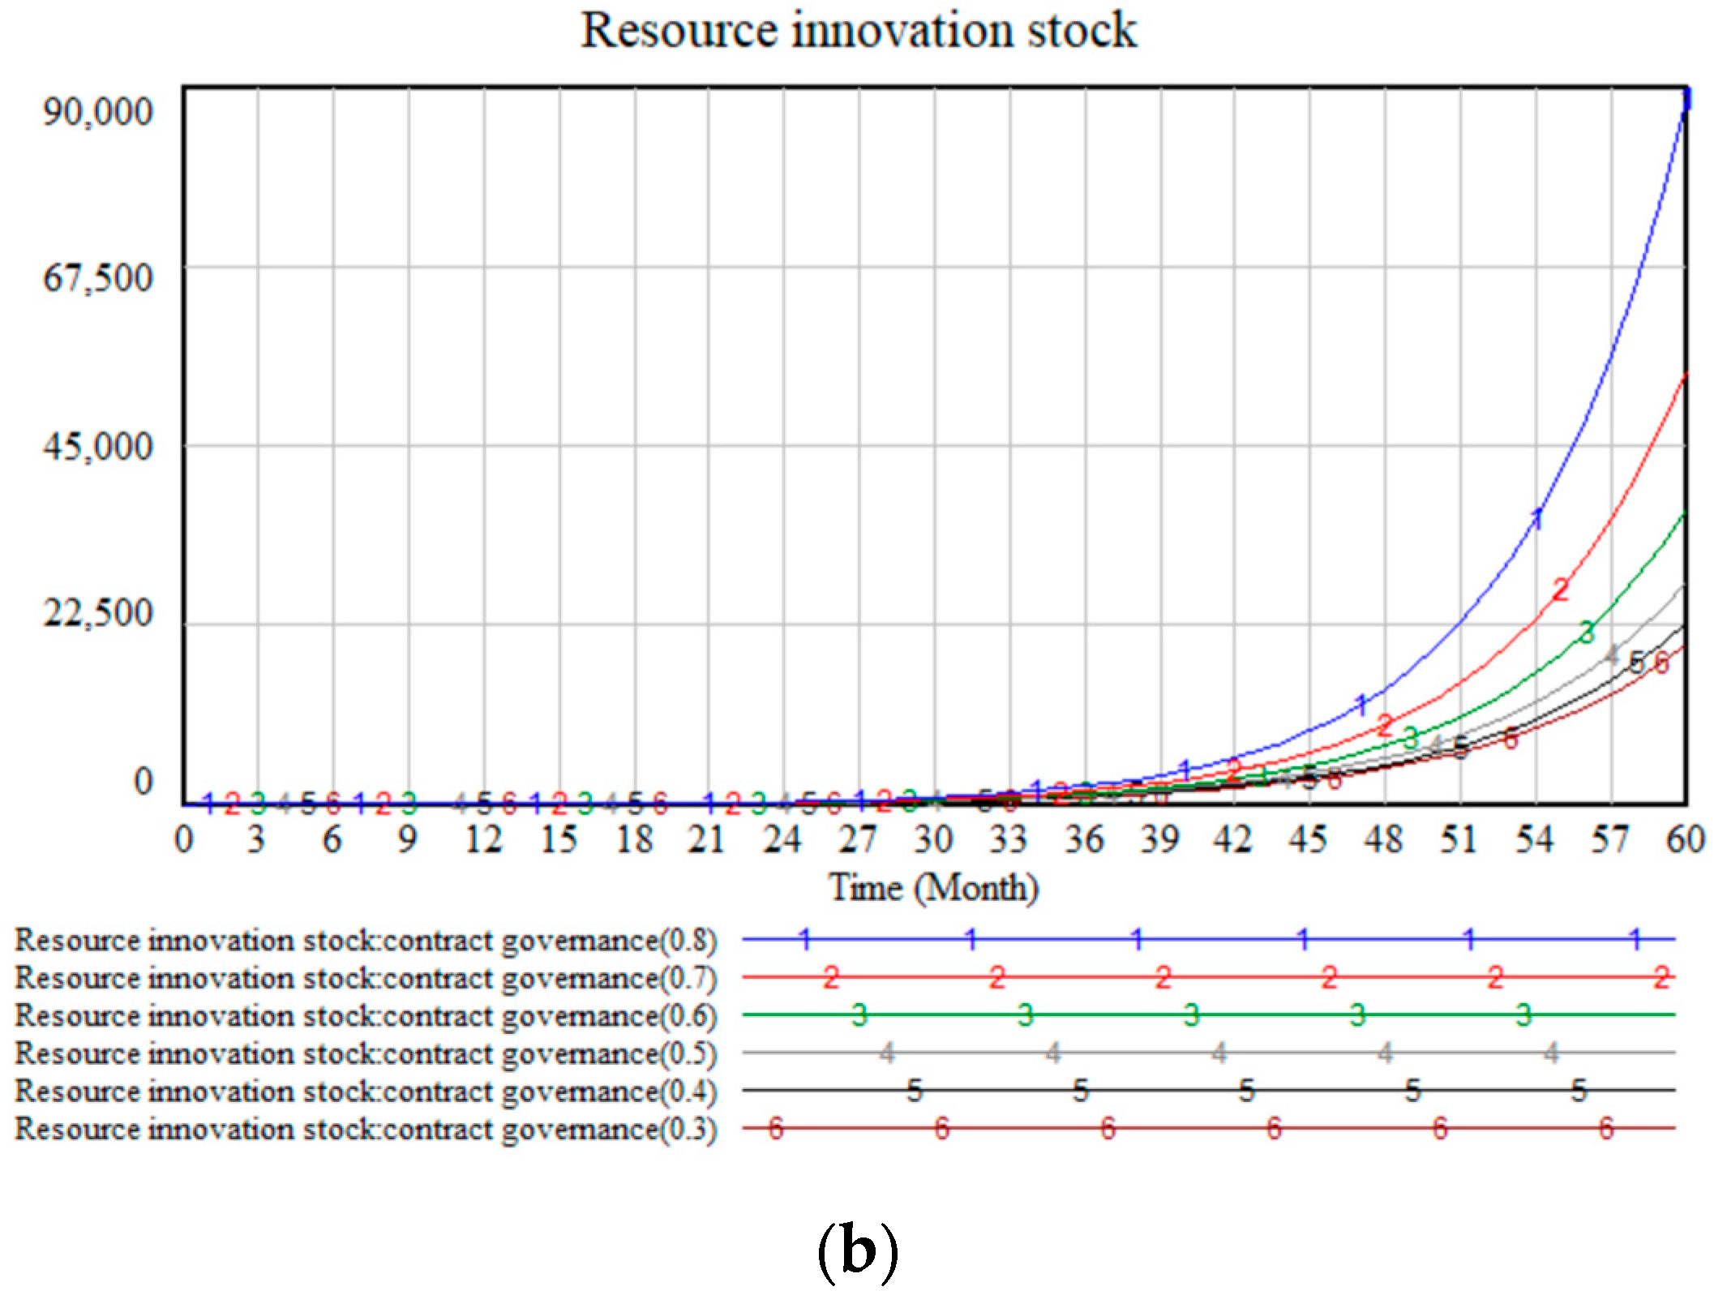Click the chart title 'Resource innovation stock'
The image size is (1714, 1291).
coord(858,31)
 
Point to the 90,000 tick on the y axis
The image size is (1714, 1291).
coord(97,111)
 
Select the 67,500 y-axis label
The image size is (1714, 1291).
coord(97,278)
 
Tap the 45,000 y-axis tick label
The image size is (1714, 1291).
coord(97,446)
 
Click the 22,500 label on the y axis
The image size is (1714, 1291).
coord(97,613)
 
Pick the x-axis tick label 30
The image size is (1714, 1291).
coord(933,839)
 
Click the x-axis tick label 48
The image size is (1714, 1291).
coord(1383,839)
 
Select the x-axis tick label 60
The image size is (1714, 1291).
coord(1685,839)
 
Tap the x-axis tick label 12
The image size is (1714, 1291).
coord(483,839)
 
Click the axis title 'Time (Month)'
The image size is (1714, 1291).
coord(933,887)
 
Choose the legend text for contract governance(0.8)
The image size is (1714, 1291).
coord(366,941)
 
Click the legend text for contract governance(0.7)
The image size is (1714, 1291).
coord(366,978)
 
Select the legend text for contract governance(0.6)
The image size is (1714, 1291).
coord(366,1016)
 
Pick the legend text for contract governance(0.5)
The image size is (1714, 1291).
coord(366,1053)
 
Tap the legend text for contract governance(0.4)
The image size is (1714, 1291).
coord(366,1092)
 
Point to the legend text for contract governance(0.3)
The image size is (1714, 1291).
coord(366,1129)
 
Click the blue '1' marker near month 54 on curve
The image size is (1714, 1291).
coord(1537,518)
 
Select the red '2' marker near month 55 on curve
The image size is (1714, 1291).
coord(1560,590)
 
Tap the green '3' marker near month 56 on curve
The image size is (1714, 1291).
coord(1587,632)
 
